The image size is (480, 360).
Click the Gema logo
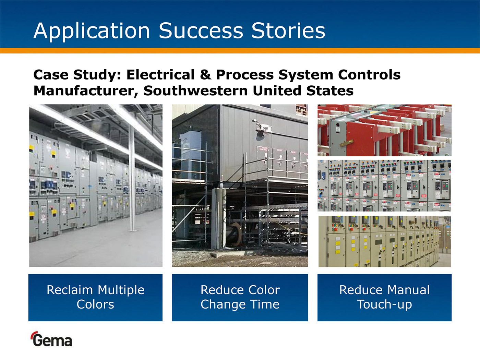point(51,339)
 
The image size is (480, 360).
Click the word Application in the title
point(92,31)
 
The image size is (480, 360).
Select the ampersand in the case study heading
point(205,74)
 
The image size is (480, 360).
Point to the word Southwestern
point(195,91)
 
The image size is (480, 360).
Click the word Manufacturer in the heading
point(86,91)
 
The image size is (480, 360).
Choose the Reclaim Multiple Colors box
point(95,298)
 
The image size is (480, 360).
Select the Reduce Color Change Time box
point(240,298)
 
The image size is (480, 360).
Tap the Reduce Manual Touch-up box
point(384,298)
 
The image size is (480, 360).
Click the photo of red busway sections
point(384,130)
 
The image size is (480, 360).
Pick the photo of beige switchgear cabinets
point(384,241)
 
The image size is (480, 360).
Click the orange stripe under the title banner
point(240,51)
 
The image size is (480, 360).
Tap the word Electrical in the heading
point(160,74)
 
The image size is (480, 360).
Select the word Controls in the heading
point(369,74)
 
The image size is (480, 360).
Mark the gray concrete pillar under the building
point(219,219)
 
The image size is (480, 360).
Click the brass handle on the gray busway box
point(346,143)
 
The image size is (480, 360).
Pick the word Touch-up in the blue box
point(384,304)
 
